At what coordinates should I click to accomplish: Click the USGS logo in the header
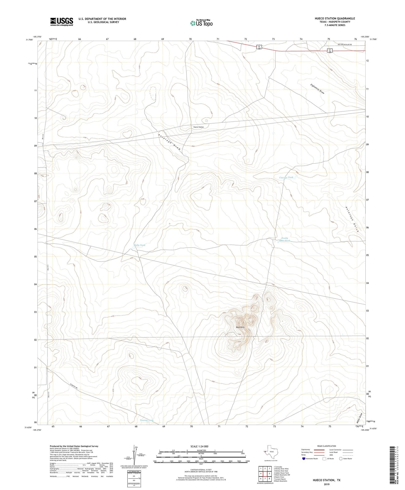tap(62, 22)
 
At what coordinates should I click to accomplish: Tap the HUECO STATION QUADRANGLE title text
tap(335, 18)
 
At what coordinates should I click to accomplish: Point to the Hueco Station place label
tap(198, 127)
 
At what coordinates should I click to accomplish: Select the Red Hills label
tap(240, 327)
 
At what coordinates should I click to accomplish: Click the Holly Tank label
tap(140, 245)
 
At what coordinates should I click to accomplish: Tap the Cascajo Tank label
tap(286, 177)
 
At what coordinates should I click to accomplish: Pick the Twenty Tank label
tap(147, 420)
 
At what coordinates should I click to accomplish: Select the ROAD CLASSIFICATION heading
tap(326, 446)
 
